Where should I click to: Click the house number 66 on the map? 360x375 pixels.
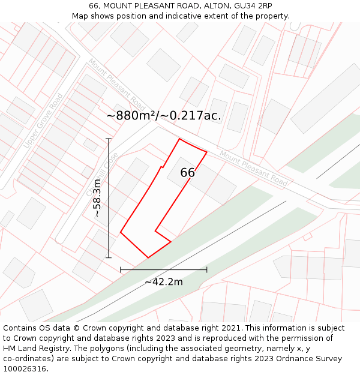[x=188, y=173]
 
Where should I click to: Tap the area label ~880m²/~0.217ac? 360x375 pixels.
[x=164, y=116]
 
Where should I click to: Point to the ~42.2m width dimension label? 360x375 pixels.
[x=164, y=282]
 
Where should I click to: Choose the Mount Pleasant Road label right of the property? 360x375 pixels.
[x=253, y=168]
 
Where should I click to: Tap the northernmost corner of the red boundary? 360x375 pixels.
[x=179, y=139]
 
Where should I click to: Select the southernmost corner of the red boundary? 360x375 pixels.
[x=148, y=258]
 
